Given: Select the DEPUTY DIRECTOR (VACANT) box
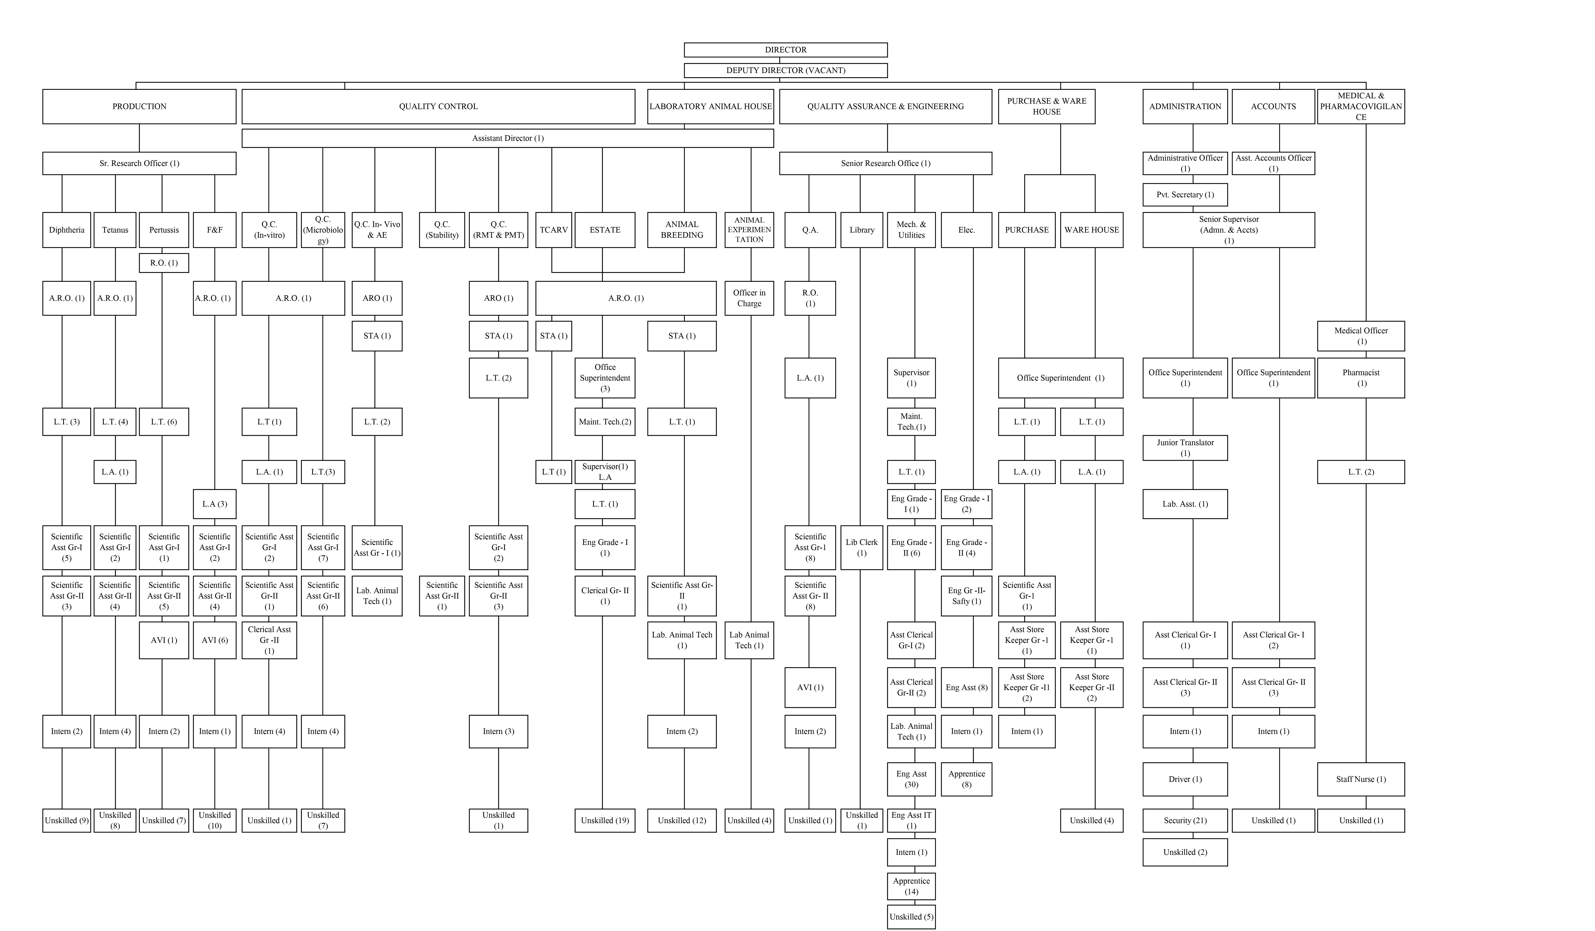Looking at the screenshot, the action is (x=785, y=70).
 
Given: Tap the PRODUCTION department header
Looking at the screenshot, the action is (x=139, y=106).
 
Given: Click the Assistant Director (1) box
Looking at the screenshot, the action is (x=508, y=138).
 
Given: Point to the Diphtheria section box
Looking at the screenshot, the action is (x=67, y=230).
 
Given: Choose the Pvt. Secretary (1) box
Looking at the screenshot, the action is (x=1185, y=194).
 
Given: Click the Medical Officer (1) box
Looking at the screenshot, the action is (x=1361, y=336).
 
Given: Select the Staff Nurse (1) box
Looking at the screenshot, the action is (x=1361, y=779).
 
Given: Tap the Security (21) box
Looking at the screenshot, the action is (x=1185, y=820).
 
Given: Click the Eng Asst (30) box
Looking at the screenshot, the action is (x=911, y=779).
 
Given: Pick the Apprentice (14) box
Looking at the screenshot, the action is (x=911, y=886).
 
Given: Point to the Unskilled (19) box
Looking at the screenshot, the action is (x=605, y=820).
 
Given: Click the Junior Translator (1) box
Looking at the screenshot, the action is (x=1185, y=448).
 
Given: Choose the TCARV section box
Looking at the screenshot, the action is (x=554, y=230).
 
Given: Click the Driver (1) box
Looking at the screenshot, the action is (x=1185, y=779).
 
